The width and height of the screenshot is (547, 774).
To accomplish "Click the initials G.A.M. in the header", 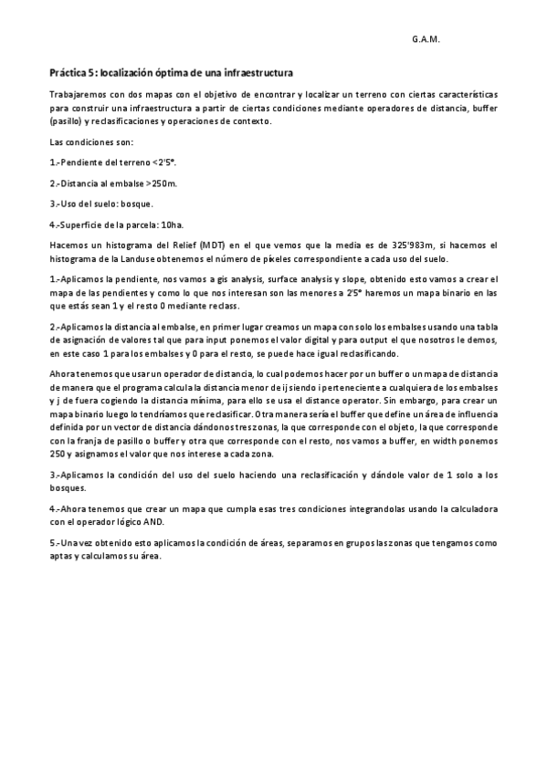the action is pyautogui.click(x=426, y=39).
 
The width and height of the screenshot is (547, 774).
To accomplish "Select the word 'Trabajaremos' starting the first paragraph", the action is pyautogui.click(x=75, y=95).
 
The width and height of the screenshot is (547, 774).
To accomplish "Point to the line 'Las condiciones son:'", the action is pyautogui.click(x=91, y=141).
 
